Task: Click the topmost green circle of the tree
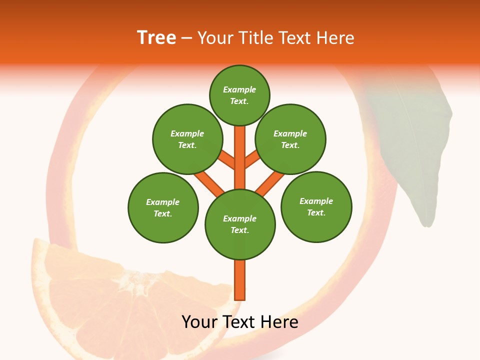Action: click(x=239, y=95)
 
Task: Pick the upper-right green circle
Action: click(x=290, y=139)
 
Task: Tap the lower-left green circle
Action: click(x=163, y=207)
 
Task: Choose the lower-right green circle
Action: click(x=316, y=206)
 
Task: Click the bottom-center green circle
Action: click(x=240, y=224)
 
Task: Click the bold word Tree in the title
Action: click(x=156, y=38)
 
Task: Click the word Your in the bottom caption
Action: click(x=199, y=322)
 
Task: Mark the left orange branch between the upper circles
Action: click(x=226, y=159)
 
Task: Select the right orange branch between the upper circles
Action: click(x=253, y=159)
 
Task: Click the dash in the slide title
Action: click(x=186, y=38)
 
